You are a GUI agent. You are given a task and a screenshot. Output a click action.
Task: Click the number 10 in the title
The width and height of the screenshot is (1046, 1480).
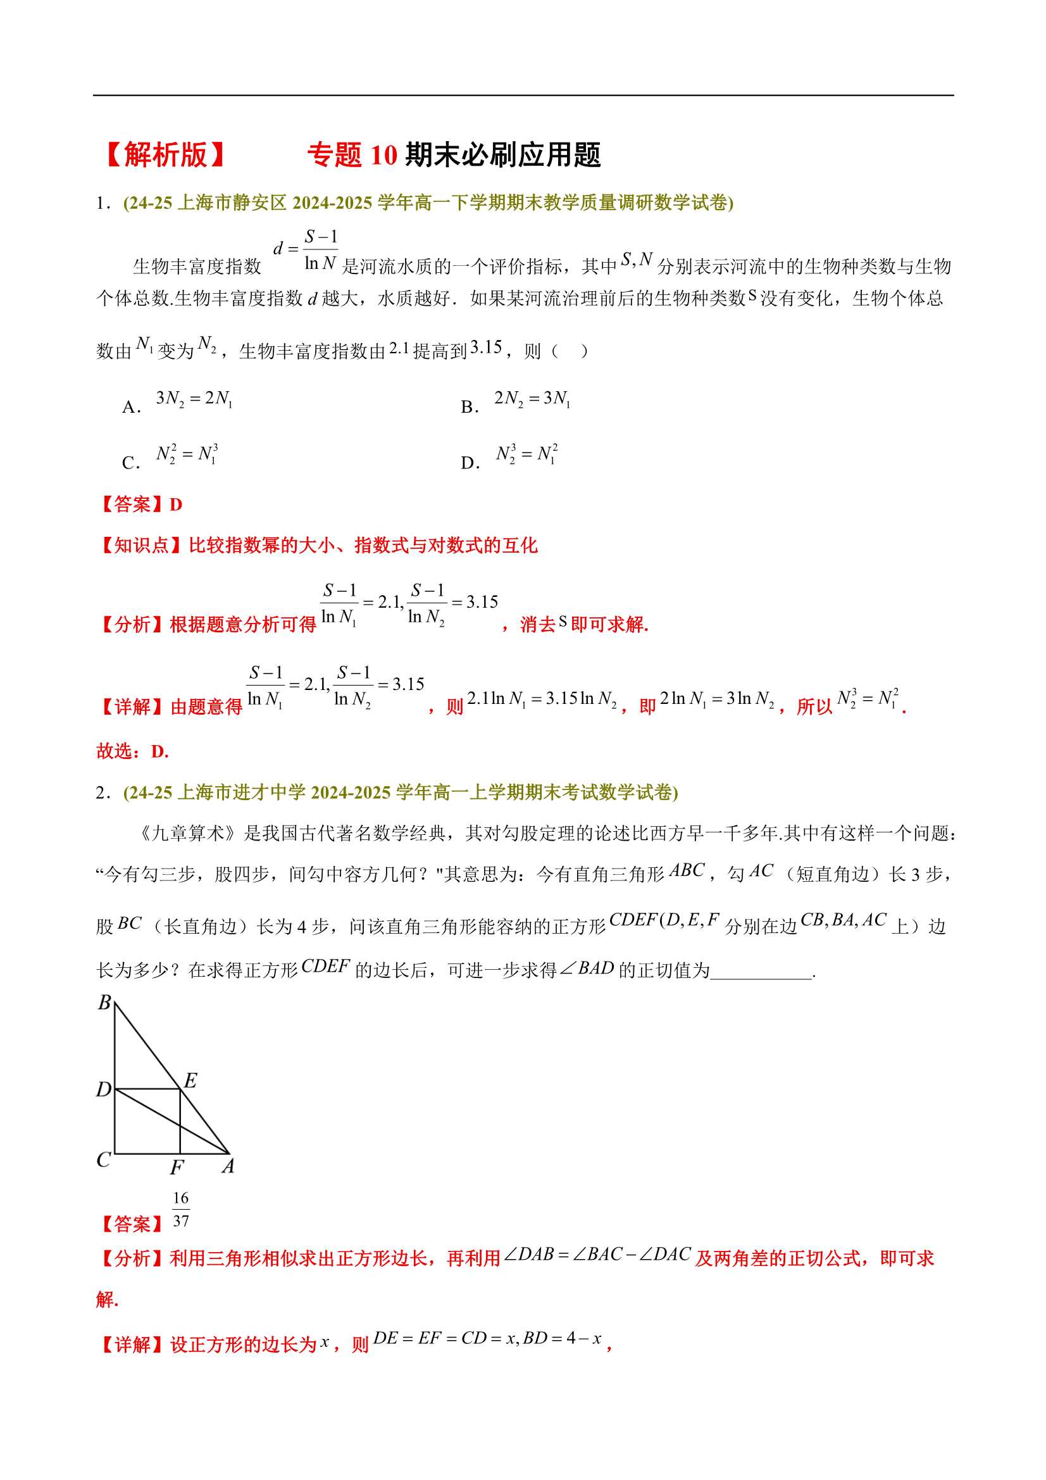(384, 155)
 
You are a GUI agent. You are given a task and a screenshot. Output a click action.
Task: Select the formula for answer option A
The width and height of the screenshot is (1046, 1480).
(194, 399)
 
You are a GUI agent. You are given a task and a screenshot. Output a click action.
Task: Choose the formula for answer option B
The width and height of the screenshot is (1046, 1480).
(532, 399)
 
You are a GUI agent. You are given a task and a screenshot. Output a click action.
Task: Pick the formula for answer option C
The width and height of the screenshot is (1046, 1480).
(187, 455)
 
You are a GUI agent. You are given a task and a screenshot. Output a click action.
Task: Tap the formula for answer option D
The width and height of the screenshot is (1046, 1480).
(526, 455)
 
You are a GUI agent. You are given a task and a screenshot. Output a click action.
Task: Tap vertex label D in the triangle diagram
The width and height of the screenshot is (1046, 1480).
(104, 1090)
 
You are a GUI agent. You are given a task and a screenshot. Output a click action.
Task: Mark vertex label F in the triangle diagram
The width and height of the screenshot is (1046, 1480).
(177, 1167)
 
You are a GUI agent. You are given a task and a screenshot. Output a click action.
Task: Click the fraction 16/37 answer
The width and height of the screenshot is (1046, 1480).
(181, 1210)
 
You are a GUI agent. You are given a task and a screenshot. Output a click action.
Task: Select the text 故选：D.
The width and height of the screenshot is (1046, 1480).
(133, 751)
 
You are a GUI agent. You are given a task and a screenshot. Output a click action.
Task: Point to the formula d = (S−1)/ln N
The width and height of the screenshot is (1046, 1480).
(306, 249)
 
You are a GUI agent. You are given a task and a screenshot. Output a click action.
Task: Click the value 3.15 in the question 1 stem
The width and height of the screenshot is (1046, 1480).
(486, 348)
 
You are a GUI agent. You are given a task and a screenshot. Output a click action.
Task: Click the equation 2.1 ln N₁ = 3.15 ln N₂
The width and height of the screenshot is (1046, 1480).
(542, 699)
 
